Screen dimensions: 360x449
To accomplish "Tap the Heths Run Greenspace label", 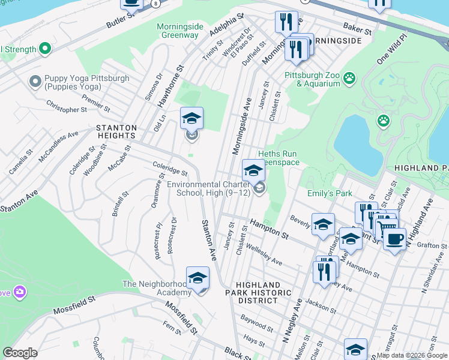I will coord(277,158).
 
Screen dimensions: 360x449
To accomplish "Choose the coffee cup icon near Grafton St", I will coord(394,239).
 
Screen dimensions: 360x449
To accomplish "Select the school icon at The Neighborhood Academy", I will coord(197,278).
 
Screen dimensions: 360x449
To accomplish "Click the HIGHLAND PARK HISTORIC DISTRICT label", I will coord(258,293).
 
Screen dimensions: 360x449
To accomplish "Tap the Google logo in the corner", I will coord(20,353).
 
